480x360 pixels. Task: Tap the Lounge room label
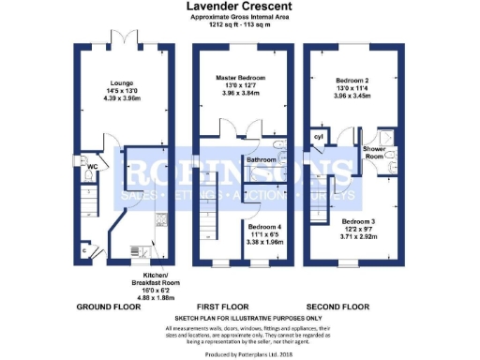pos(122,82)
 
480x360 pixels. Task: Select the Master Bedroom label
pos(240,77)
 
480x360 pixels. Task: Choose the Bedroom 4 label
pos(264,226)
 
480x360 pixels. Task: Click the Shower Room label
pos(374,154)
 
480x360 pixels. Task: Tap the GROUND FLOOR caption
pos(110,307)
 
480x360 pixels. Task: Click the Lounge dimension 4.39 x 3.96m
pos(122,97)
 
